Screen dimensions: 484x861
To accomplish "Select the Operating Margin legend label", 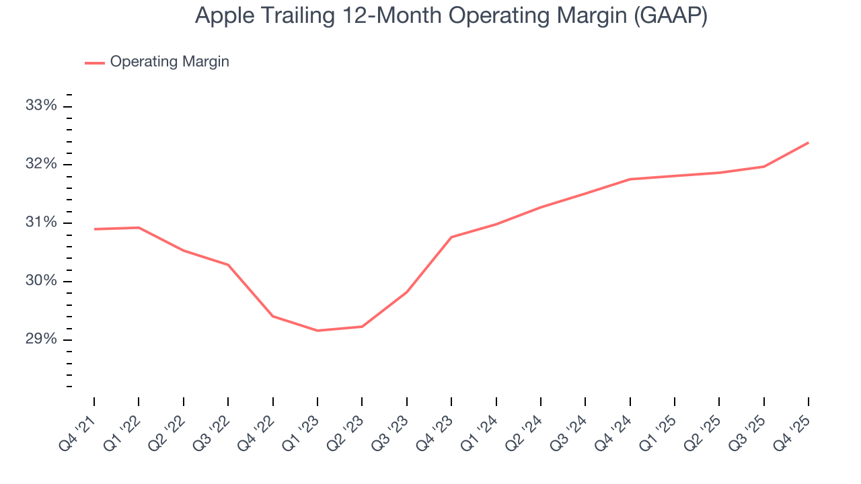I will pos(170,62).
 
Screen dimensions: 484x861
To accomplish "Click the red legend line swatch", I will pos(94,63).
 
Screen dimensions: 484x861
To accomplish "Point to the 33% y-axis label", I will pos(41,106).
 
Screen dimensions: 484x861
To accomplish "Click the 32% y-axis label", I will pos(41,165).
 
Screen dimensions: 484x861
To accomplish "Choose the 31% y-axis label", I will pos(41,223).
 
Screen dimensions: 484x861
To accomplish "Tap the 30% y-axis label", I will pos(41,281).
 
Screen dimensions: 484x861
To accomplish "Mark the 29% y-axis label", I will pos(41,339).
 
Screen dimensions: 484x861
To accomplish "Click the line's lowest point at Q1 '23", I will pos(317,331).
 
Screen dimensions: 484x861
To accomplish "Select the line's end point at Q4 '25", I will pos(809,143).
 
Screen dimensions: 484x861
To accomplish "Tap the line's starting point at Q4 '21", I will pos(94,229).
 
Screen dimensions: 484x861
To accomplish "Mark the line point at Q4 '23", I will pos(451,237).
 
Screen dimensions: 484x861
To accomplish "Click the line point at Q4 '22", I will pos(272,316).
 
